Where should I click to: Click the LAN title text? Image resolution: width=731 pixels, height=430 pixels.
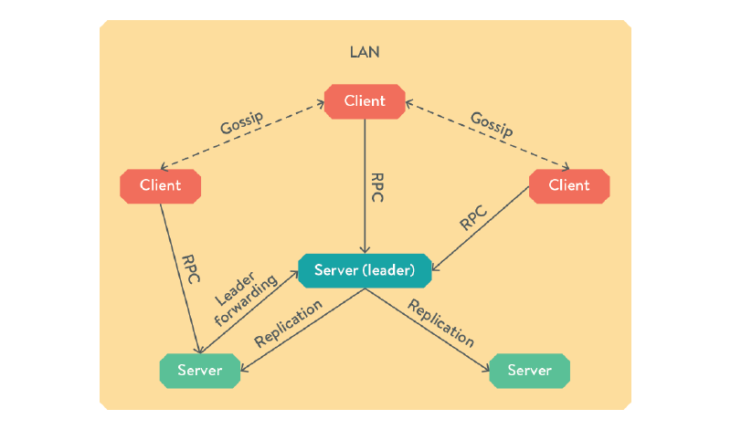click(365, 52)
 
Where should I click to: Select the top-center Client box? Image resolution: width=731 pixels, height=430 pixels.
click(365, 100)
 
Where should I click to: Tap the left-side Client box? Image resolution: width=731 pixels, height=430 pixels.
click(160, 185)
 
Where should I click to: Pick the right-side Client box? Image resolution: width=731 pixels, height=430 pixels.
click(569, 185)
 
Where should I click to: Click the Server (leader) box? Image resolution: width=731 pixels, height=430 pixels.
click(365, 270)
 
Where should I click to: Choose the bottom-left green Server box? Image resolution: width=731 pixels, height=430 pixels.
click(199, 370)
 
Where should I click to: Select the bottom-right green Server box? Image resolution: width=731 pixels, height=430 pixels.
click(530, 370)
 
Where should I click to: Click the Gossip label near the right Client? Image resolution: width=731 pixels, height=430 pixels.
click(491, 123)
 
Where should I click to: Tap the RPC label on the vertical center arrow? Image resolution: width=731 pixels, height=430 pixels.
click(377, 187)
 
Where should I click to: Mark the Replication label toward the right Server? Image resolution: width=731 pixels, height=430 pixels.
click(441, 322)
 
